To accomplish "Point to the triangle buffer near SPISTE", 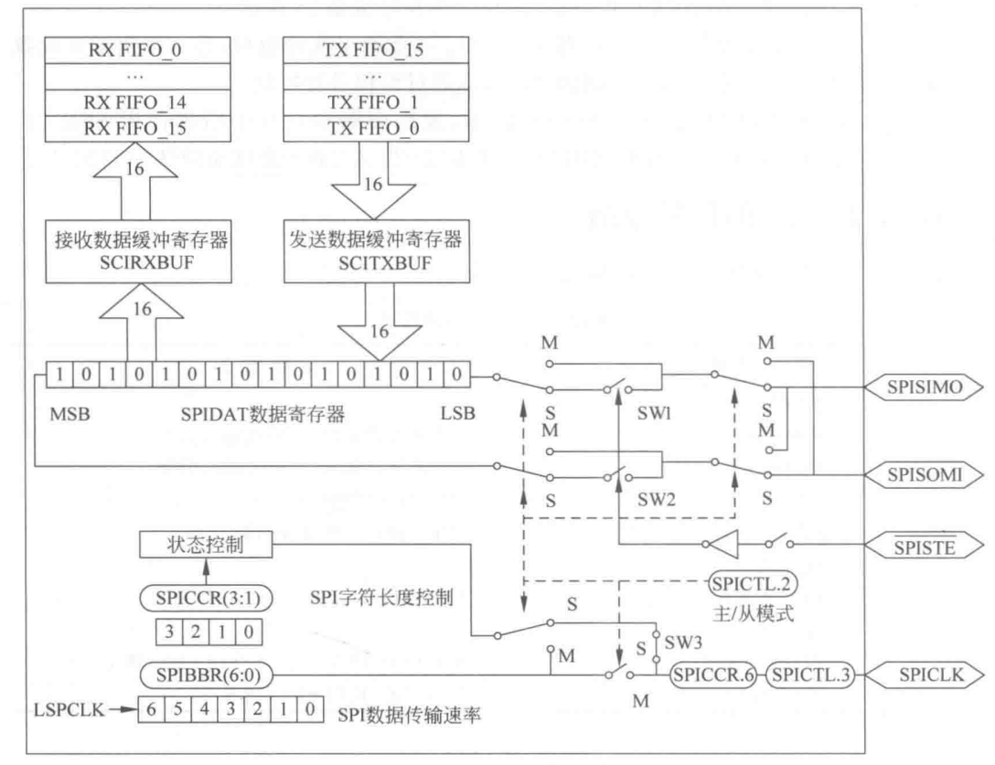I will point(718,547).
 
